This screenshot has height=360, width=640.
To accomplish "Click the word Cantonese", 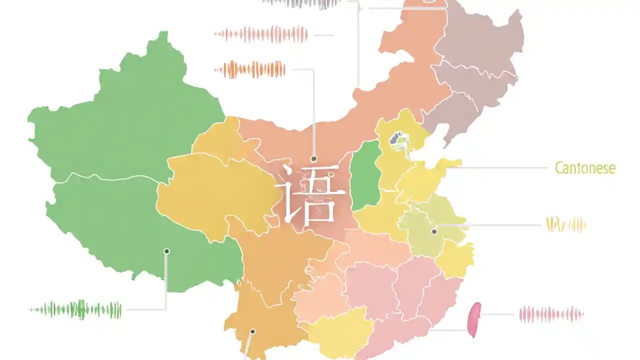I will click(x=585, y=168).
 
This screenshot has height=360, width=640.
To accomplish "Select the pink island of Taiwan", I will click(x=473, y=318).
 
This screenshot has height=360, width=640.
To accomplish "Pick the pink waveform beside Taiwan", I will click(x=551, y=314).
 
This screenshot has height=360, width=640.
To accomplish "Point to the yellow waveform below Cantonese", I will click(x=565, y=224).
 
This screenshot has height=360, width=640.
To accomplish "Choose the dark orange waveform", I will click(x=250, y=69).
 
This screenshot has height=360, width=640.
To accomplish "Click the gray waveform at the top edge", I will click(x=302, y=3).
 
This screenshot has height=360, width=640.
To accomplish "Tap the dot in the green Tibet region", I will click(x=166, y=251).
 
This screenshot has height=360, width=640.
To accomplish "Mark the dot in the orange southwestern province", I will click(x=252, y=331).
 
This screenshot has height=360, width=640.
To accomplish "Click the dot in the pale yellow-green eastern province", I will click(x=434, y=231).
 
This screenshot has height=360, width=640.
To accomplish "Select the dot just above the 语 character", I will click(x=314, y=159).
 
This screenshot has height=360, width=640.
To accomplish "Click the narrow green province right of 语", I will click(x=366, y=175).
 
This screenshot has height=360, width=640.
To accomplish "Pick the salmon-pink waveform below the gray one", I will click(x=261, y=34).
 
